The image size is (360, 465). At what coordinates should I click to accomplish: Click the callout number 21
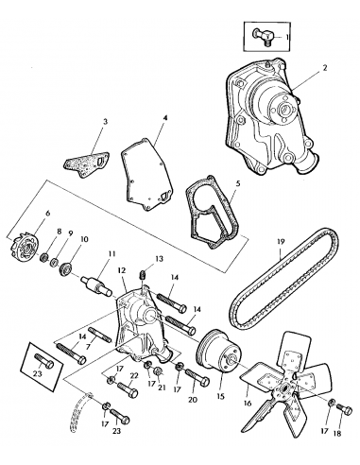tap(162, 387)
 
